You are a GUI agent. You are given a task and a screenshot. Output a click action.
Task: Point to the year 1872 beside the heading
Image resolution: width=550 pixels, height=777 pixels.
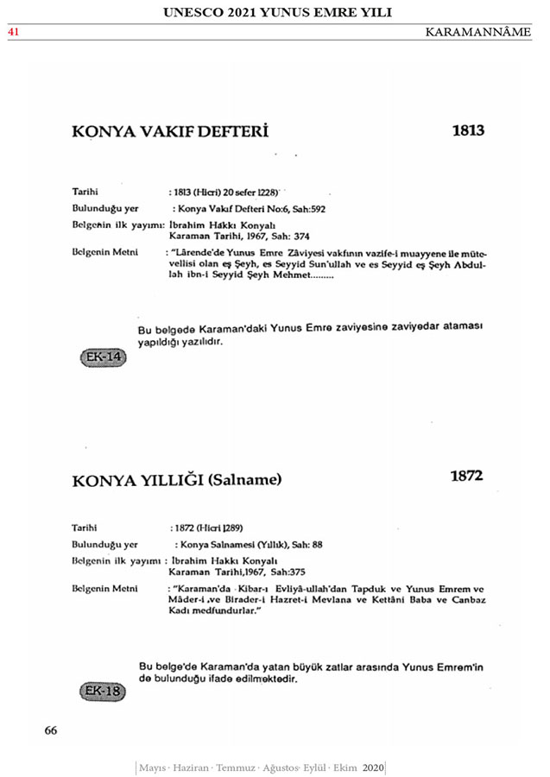point(466,476)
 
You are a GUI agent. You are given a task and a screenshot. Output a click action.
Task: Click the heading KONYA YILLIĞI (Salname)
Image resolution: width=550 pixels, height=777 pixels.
point(177,479)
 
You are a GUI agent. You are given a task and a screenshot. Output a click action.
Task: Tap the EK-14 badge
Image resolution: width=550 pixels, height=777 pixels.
point(102,357)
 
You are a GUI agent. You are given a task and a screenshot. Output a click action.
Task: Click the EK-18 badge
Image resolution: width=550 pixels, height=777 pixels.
point(102,691)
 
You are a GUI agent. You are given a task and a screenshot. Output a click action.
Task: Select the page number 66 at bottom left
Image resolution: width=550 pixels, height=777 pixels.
point(51,730)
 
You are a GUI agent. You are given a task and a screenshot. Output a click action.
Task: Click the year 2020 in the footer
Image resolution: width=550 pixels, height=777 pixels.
point(373,768)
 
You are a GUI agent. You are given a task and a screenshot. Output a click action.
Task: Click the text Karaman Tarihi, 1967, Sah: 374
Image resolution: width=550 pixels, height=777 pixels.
point(238,236)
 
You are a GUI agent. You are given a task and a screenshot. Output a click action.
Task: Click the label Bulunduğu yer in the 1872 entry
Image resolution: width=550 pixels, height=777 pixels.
point(104,545)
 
